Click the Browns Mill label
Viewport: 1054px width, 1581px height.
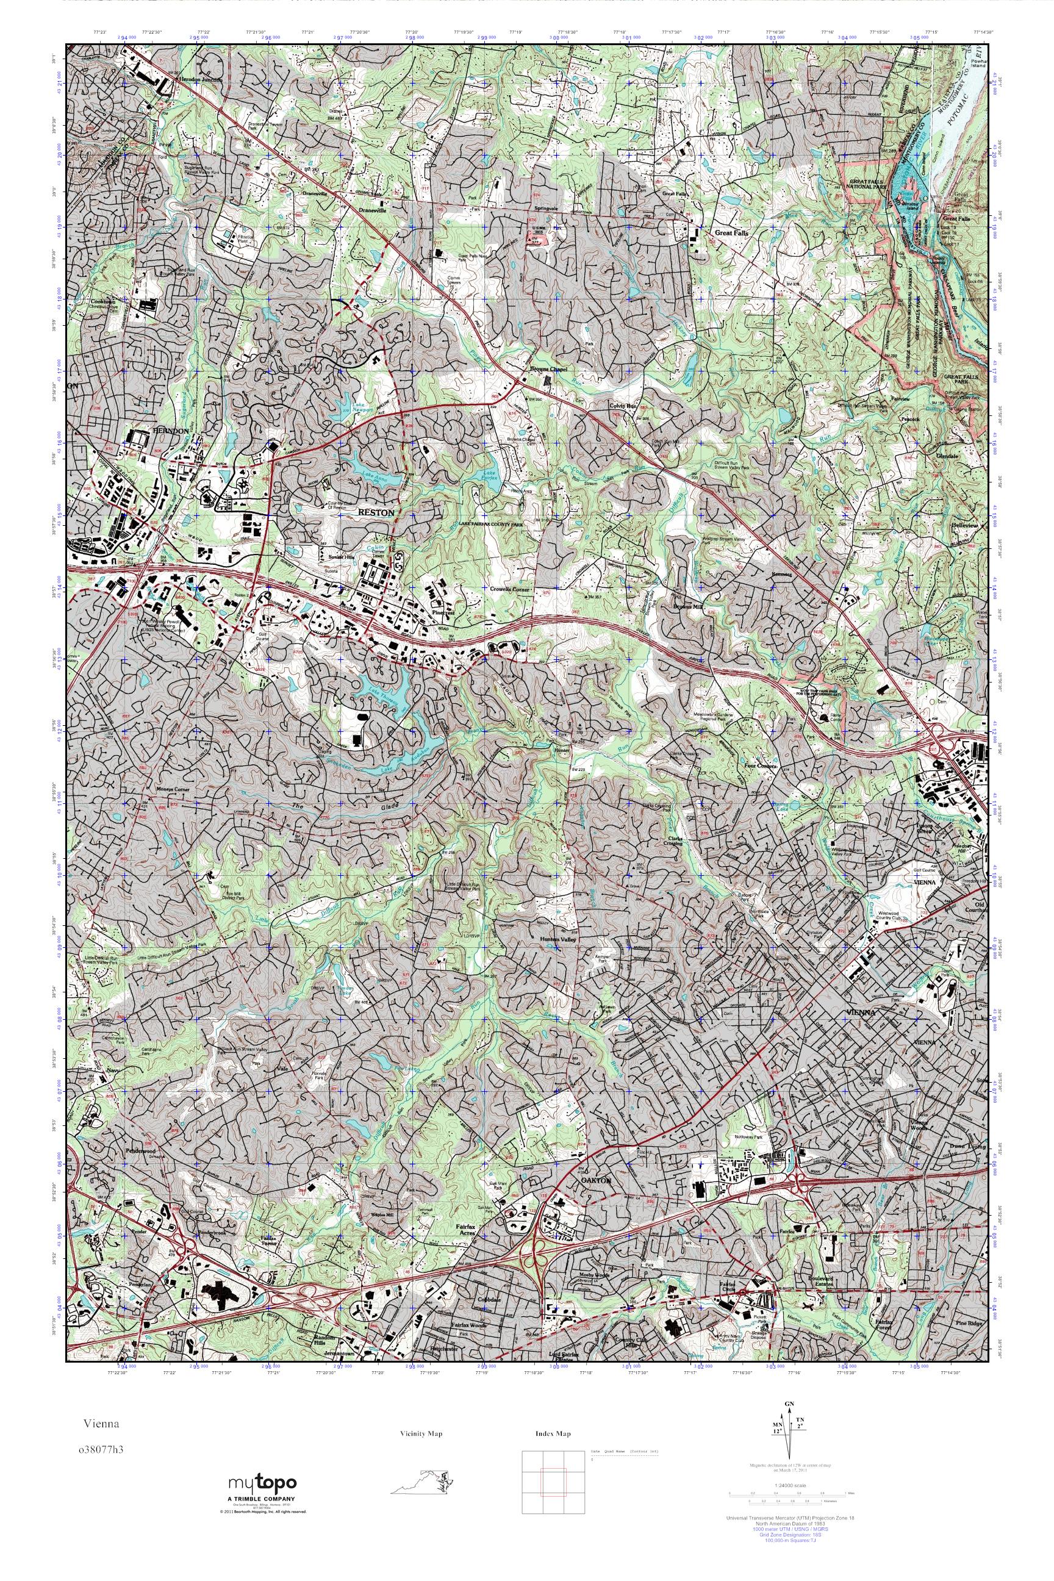(x=687, y=606)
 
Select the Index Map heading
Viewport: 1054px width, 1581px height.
(x=553, y=1434)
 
